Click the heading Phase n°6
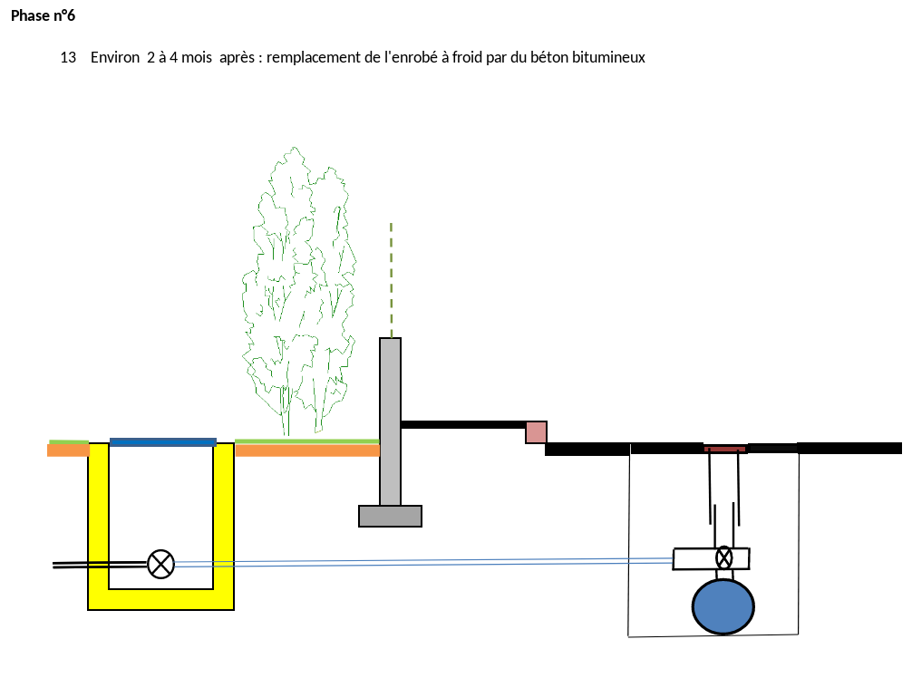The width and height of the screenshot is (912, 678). (43, 15)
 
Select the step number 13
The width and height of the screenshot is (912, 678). (68, 58)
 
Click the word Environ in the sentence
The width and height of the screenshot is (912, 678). (115, 58)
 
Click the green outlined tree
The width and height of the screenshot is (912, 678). (299, 291)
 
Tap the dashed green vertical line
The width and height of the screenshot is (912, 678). (392, 280)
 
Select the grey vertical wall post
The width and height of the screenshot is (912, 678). (391, 421)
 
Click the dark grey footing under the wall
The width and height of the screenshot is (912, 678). (391, 516)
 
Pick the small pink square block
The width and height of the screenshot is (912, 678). (536, 432)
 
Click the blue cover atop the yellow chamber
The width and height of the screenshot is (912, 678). (163, 442)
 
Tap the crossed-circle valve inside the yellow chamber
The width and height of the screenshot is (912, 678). (160, 564)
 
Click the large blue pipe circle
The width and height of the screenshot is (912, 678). (723, 606)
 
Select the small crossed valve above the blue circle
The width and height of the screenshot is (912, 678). (723, 557)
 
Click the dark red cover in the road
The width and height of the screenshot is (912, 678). (725, 449)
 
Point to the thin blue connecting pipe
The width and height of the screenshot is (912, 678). (423, 562)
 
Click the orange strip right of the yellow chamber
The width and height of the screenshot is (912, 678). (307, 450)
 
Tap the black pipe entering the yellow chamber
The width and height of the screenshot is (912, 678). (100, 564)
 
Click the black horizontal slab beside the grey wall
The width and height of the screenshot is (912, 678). (463, 424)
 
